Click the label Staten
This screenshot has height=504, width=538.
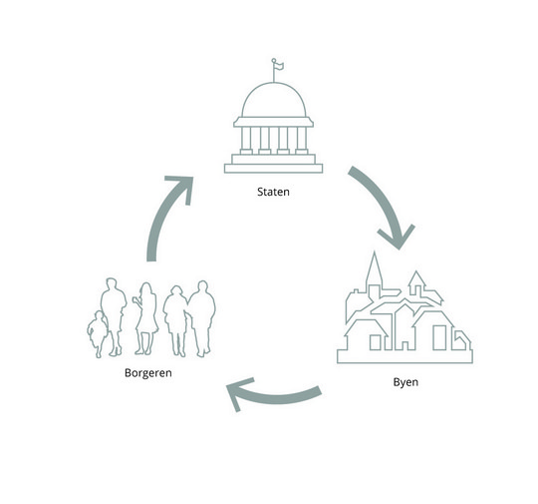pyautogui.click(x=273, y=192)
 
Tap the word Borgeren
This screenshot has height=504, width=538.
pyautogui.click(x=148, y=373)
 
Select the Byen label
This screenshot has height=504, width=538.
pyautogui.click(x=405, y=382)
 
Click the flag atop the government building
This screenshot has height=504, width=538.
pyautogui.click(x=278, y=65)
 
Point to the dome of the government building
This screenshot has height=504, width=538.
pyautogui.click(x=273, y=100)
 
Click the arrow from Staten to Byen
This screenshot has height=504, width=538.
pyautogui.click(x=385, y=204)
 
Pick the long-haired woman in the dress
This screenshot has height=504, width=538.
pyautogui.click(x=146, y=318)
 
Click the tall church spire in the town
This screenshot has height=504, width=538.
pyautogui.click(x=374, y=271)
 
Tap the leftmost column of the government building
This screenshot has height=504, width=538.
pyautogui.click(x=246, y=141)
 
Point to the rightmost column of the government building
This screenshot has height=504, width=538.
pyautogui.click(x=302, y=141)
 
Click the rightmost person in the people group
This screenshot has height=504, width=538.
pyautogui.click(x=202, y=318)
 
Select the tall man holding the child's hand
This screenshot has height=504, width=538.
pyautogui.click(x=114, y=316)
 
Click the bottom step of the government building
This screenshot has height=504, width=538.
pyautogui.click(x=273, y=169)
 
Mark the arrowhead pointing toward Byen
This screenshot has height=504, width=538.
pyautogui.click(x=398, y=238)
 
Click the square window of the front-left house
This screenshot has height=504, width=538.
pyautogui.click(x=375, y=342)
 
